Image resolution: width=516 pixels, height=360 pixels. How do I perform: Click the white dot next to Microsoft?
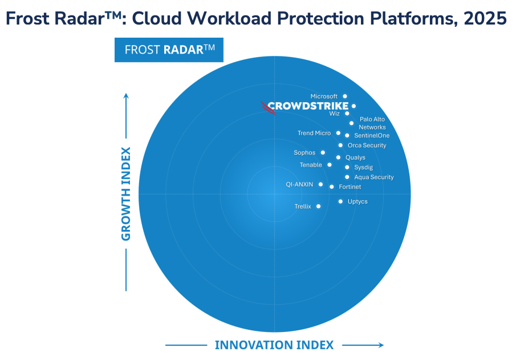[x=345, y=96]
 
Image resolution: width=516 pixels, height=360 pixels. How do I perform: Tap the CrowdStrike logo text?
[x=308, y=106]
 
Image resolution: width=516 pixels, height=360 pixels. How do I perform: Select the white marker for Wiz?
[x=347, y=114]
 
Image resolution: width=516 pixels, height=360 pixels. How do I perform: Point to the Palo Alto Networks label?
[x=372, y=123]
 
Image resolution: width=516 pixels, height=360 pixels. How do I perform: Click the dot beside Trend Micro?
[x=338, y=133]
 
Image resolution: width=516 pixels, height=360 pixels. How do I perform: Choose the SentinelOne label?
[x=372, y=136]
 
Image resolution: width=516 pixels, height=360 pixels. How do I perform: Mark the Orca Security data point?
[x=340, y=145]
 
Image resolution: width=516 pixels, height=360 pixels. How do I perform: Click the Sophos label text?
[x=304, y=153]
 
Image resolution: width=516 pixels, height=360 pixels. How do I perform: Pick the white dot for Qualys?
[x=338, y=157]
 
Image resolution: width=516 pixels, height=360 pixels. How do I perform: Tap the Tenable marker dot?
[x=330, y=165]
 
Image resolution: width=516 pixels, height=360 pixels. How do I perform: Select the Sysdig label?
[x=363, y=167]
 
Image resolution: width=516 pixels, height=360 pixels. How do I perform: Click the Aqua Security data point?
[x=347, y=177]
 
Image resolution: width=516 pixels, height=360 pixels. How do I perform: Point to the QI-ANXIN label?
[x=299, y=184]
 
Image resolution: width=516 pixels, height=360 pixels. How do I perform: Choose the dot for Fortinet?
[x=332, y=187]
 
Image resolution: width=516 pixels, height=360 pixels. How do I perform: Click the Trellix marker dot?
[x=318, y=206]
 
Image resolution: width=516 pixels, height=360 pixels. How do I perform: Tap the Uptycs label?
[x=357, y=201]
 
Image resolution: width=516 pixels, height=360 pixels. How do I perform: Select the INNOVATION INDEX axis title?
[x=274, y=345]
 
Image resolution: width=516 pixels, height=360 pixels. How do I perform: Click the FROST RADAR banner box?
[x=169, y=50]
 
